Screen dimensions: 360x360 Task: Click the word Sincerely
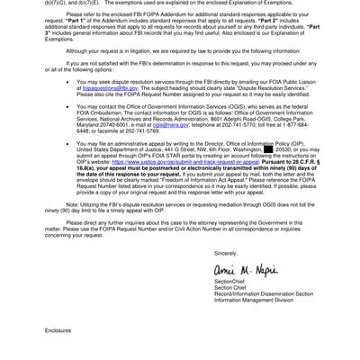point(226,253)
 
